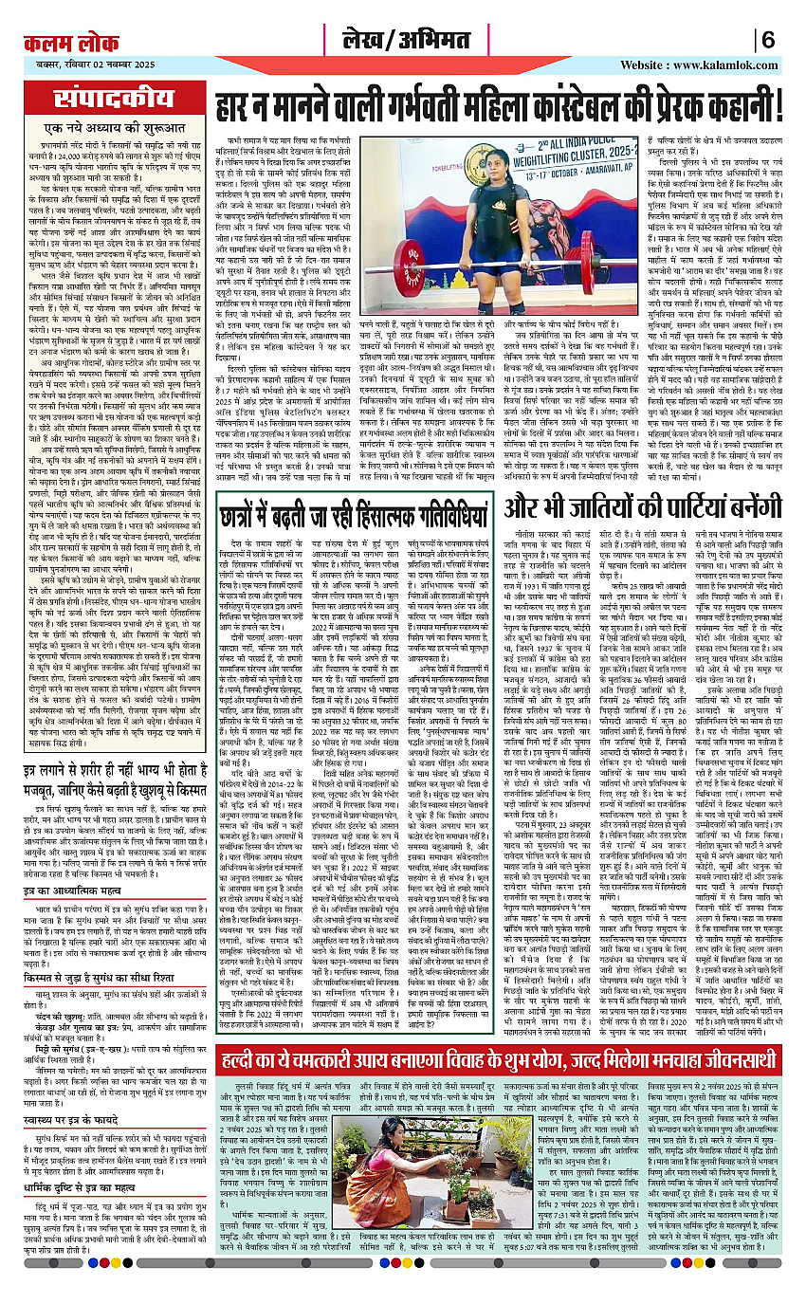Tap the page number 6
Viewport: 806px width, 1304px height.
(x=769, y=42)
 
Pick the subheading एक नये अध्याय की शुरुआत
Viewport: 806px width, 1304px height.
(x=104, y=131)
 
